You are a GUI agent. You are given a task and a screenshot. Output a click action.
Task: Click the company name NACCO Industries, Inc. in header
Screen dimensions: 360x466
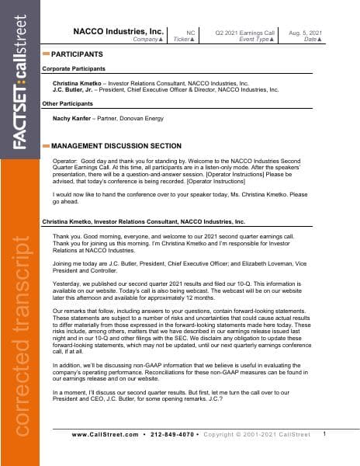point(118,31)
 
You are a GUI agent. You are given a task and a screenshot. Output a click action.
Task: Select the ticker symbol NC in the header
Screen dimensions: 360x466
point(190,32)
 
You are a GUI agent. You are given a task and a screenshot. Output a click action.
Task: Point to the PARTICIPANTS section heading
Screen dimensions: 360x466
point(77,54)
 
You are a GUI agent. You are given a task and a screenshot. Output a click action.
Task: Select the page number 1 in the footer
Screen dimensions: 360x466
point(324,433)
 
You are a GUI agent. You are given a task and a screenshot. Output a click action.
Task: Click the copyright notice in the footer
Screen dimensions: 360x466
point(256,434)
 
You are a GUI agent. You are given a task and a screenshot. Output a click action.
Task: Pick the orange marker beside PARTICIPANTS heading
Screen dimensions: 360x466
point(46,54)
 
